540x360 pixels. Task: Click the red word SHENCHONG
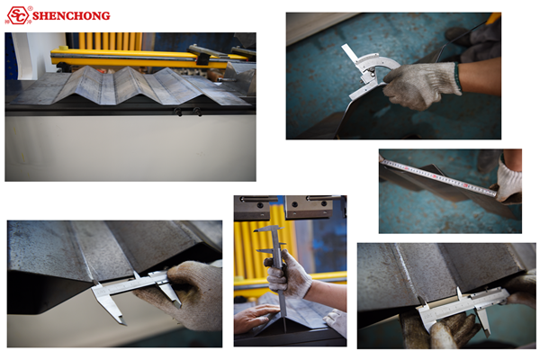point(71,16)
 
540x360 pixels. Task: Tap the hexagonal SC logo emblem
point(18,15)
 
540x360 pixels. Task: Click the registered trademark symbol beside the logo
point(31,8)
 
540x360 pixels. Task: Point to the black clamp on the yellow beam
point(203,58)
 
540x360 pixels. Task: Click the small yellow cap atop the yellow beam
point(63,48)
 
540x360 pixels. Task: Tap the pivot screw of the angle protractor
point(371,71)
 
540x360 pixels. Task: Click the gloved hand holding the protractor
point(421,85)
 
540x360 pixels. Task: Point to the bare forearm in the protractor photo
point(480,76)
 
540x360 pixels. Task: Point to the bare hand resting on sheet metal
point(254,318)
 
